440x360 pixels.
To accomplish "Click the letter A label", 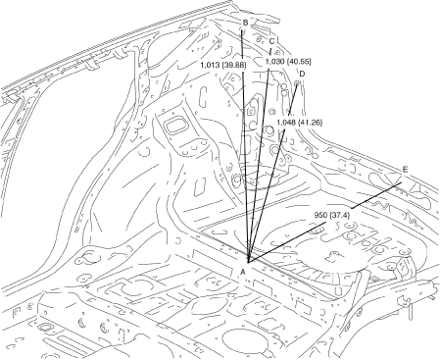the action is (242, 271).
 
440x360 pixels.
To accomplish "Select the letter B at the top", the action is (245, 23).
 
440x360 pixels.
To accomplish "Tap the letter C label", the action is (271, 41).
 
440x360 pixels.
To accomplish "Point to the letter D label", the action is (302, 74).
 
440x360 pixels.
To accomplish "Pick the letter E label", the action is (405, 170).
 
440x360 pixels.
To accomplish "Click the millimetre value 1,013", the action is (211, 65).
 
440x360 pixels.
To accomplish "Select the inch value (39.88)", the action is (234, 65).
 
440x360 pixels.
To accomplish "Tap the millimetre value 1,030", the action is (274, 61).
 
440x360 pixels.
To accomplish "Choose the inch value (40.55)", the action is (299, 61).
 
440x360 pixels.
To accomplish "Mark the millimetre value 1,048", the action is (286, 123).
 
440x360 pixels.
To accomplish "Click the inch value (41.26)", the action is (311, 123).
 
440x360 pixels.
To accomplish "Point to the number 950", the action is (320, 215).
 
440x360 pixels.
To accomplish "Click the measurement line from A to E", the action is (324, 223).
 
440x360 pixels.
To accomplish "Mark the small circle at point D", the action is (297, 83).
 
